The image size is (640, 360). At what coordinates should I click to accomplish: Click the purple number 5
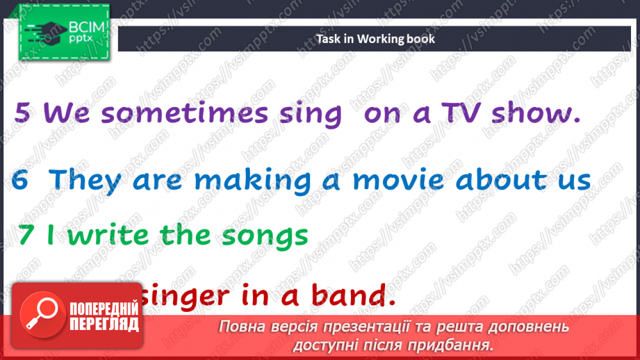tap(22, 113)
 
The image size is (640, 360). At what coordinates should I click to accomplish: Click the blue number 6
tap(21, 181)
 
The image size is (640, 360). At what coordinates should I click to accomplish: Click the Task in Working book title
tap(375, 39)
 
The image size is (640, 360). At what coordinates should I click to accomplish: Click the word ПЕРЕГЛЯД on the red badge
tap(104, 325)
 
